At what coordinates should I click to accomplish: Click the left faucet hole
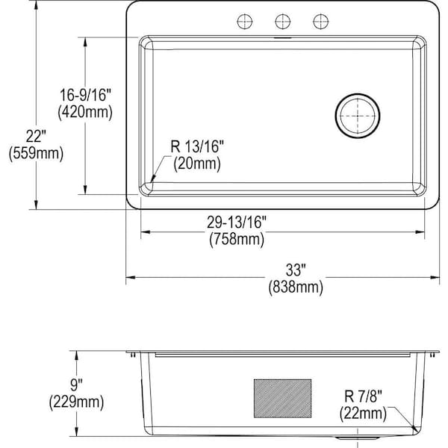click(243, 20)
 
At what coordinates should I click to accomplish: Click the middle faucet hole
click(282, 20)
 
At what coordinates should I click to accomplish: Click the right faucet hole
click(321, 20)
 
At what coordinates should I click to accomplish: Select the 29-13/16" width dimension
click(237, 222)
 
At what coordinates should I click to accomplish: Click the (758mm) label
click(237, 239)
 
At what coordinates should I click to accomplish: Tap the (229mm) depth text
click(74, 402)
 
